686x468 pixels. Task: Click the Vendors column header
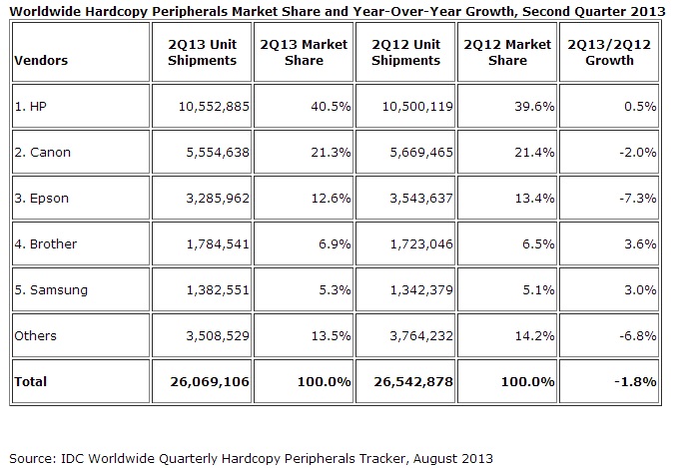[41, 60]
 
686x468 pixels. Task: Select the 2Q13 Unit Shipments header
[202, 52]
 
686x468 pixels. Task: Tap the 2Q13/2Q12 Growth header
[609, 52]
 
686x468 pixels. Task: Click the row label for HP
[30, 107]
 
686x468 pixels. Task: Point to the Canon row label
[42, 153]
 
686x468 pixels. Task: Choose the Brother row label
[46, 243]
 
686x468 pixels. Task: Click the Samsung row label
[51, 290]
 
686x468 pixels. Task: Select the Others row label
[35, 335]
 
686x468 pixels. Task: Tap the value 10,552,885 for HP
[214, 107]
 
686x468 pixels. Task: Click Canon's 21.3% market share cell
[331, 153]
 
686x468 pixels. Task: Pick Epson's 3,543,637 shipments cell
[421, 199]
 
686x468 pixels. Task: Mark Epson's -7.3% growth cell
[637, 199]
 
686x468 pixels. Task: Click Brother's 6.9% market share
[335, 243]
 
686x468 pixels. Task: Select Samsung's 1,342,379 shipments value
[421, 290]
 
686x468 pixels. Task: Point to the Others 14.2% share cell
[534, 335]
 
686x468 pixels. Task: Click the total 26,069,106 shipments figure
[210, 382]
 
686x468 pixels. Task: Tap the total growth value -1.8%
[635, 382]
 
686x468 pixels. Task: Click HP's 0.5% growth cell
[640, 107]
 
